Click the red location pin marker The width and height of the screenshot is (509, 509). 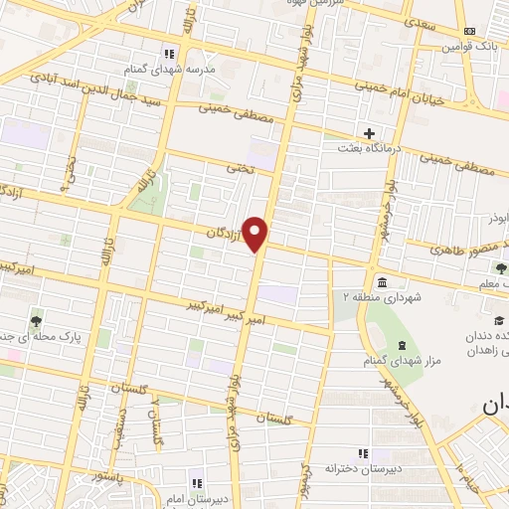[256, 234]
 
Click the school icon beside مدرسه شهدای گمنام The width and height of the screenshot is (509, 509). [169, 53]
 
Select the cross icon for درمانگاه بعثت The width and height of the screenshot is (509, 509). [370, 132]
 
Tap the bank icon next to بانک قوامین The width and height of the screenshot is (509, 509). [497, 32]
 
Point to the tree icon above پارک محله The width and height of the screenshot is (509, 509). [37, 320]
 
